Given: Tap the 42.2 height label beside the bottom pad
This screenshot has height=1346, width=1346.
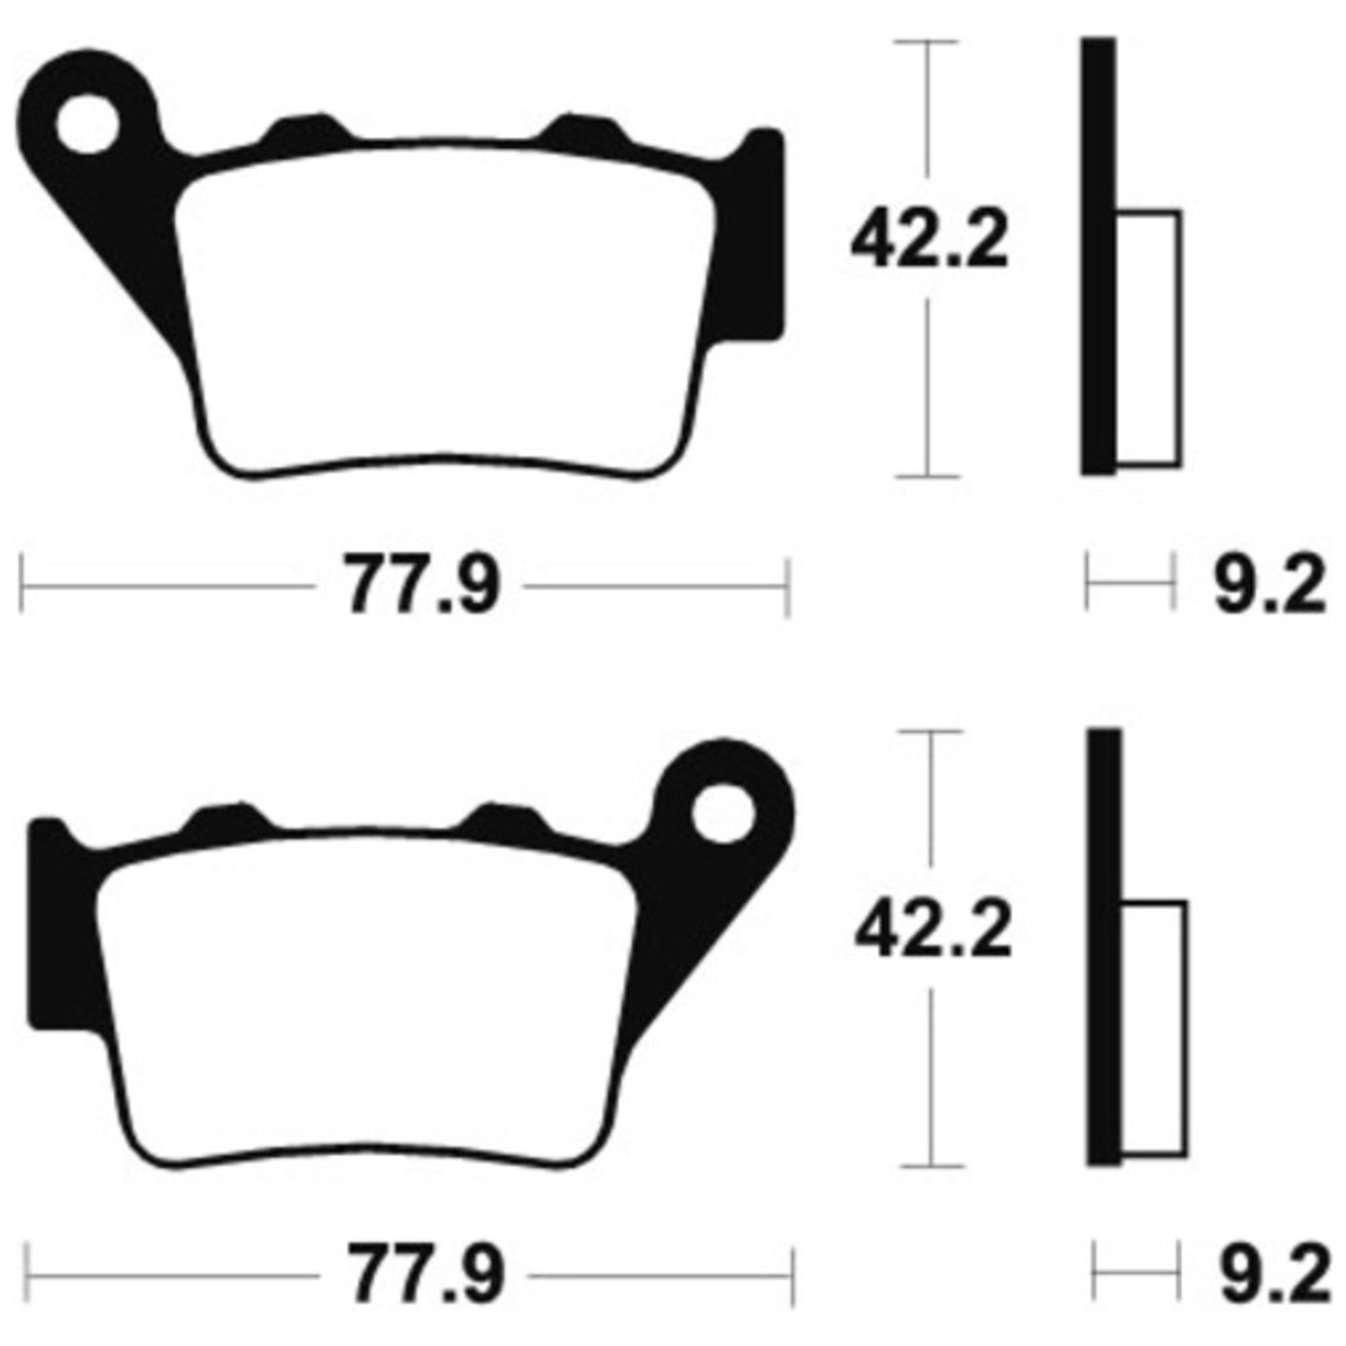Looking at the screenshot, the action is pyautogui.click(x=934, y=931).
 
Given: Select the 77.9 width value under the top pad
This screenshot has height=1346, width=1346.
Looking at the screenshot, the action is pyautogui.click(x=422, y=587).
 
